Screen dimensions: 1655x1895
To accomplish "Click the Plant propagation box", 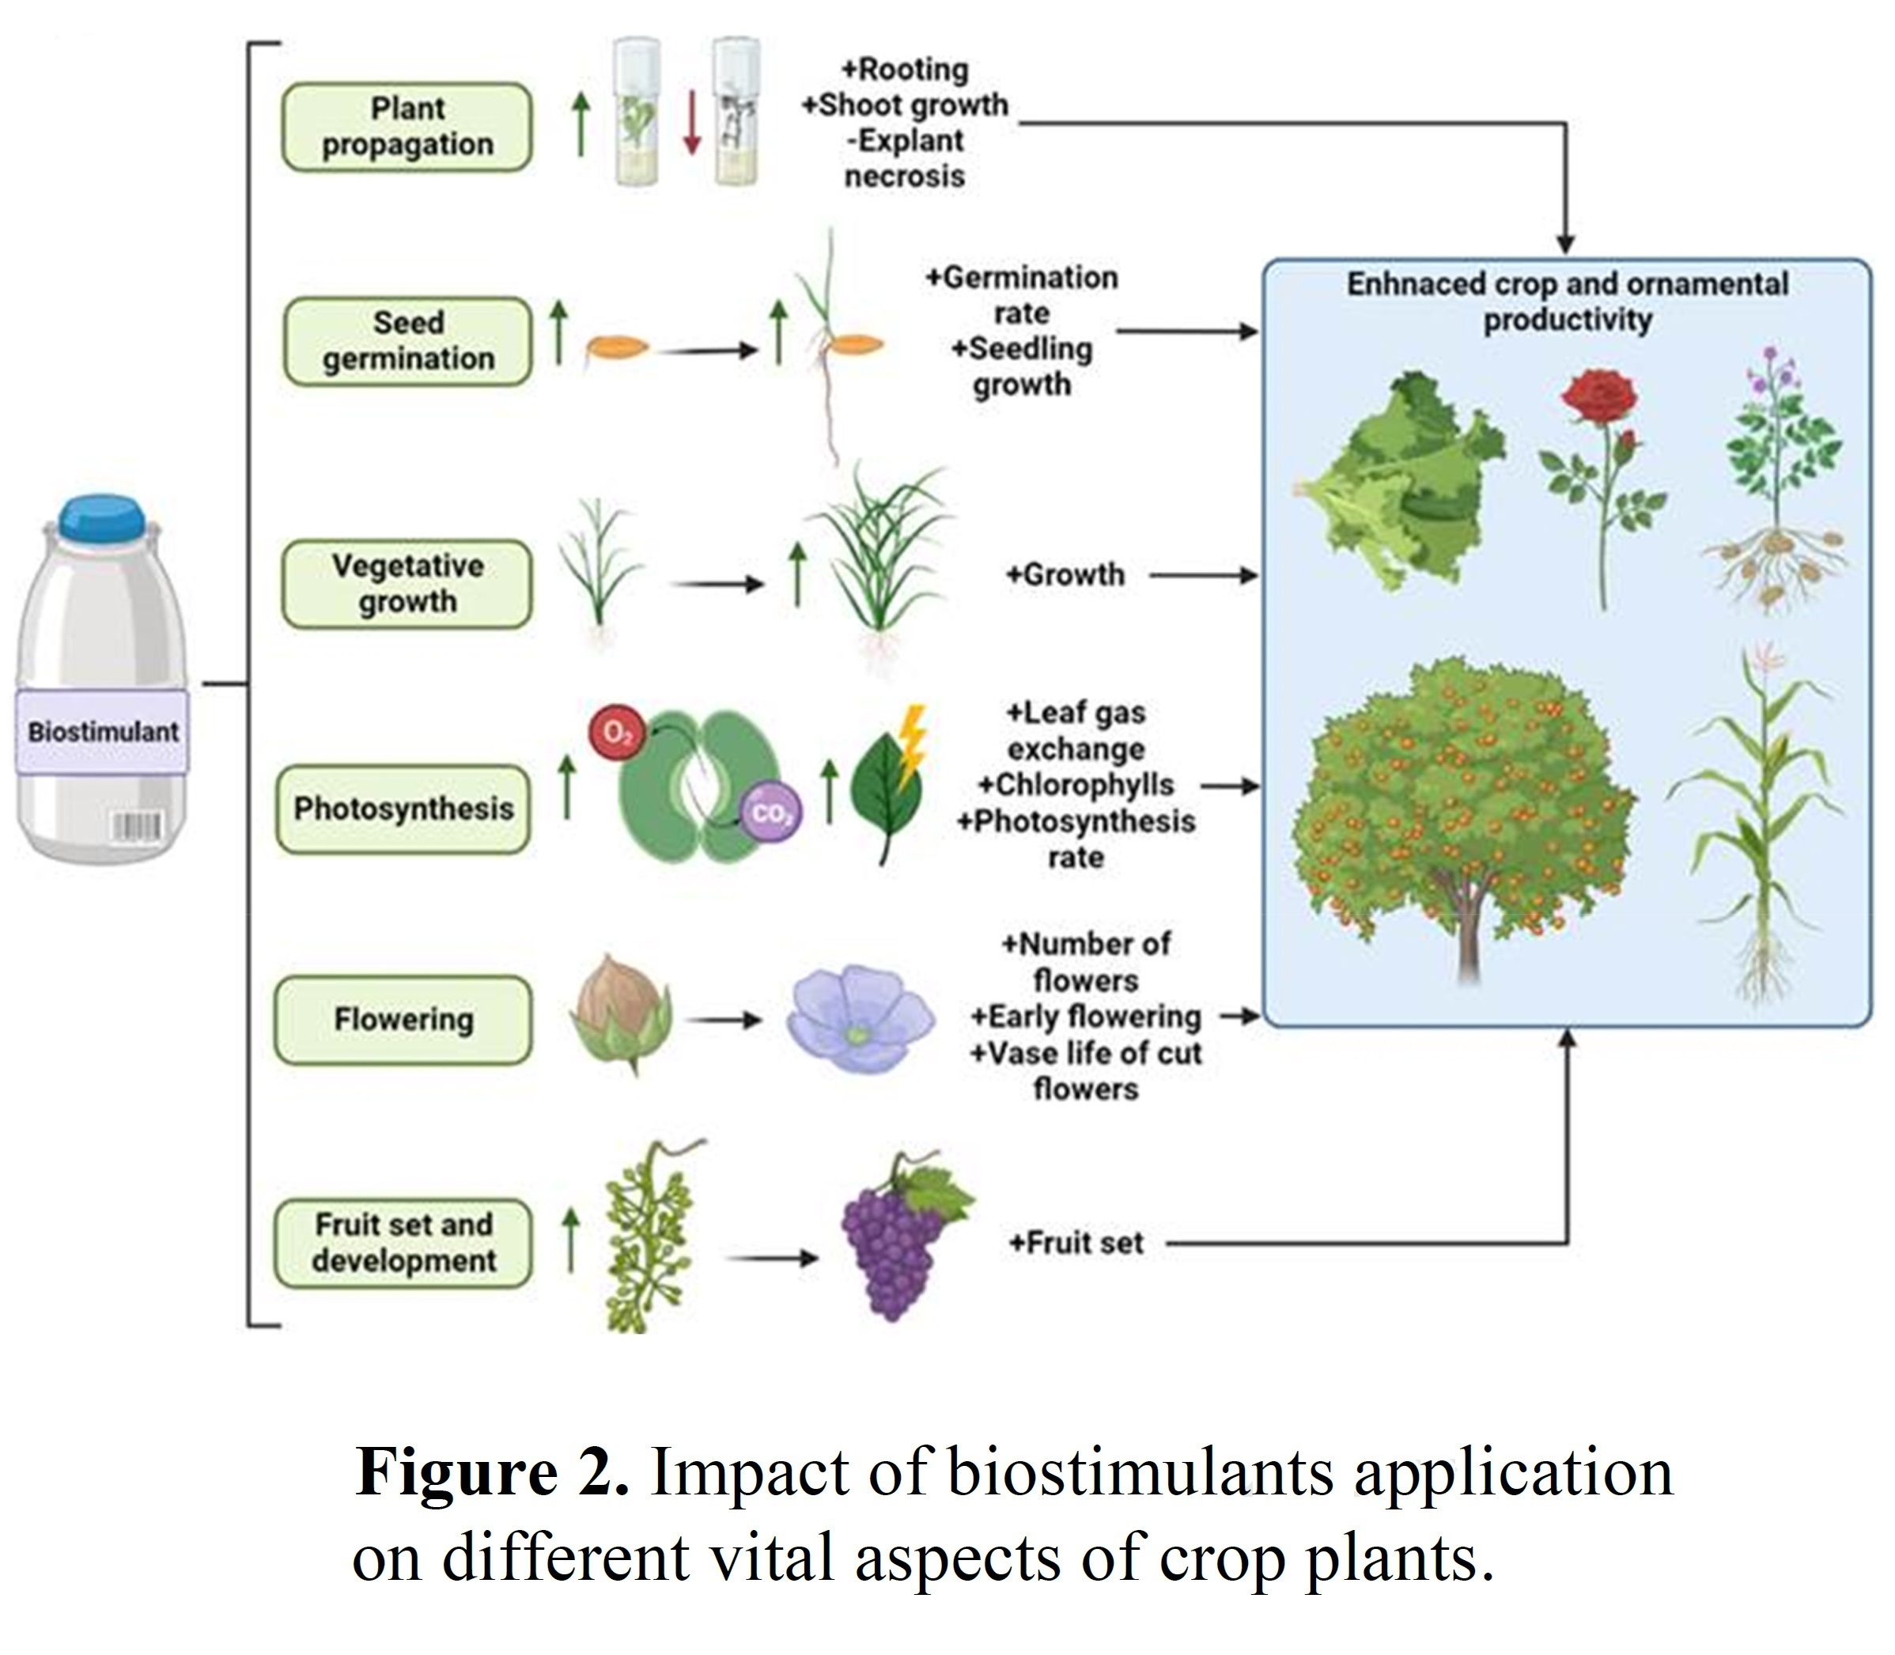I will tap(407, 127).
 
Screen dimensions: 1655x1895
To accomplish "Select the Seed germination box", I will tap(407, 341).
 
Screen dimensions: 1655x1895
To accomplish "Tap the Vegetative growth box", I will tap(407, 584).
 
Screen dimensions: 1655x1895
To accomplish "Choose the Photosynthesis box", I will tap(403, 809).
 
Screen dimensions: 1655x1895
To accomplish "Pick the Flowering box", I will tap(403, 1020).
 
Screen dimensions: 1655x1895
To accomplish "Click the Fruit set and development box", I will tap(403, 1242).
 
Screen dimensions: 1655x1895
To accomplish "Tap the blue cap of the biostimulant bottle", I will tap(101, 517).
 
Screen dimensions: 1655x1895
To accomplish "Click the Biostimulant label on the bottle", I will tap(101, 732).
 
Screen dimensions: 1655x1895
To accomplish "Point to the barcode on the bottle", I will tap(137, 827).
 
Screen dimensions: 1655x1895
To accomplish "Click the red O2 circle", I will tap(617, 733).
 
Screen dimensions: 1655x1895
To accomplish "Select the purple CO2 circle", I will tap(771, 813).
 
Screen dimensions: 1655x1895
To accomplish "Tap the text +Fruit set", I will tap(1076, 1243).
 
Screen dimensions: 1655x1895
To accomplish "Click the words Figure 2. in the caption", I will tap(492, 1472).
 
